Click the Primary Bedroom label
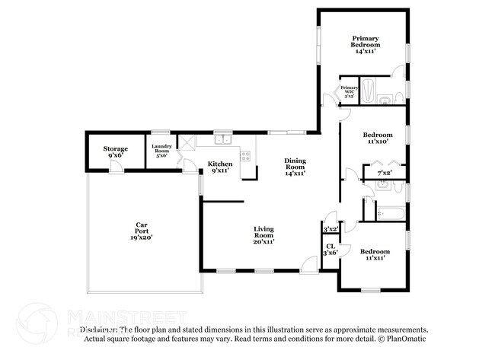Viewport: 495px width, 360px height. coord(366,44)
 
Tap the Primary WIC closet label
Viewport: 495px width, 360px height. coord(350,92)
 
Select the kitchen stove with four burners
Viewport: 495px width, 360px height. coord(246,155)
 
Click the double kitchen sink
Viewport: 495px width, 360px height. coord(222,139)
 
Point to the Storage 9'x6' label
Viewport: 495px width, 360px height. coord(116,151)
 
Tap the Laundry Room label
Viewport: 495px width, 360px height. coord(161,150)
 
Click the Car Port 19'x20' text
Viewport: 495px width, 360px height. coord(141,231)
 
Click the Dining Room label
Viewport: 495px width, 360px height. coord(295,167)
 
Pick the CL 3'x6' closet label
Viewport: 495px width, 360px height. coord(331,250)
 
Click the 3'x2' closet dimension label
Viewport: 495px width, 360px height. coord(331,229)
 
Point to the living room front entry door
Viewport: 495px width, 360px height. coord(308,266)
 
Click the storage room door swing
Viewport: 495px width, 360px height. coord(114,166)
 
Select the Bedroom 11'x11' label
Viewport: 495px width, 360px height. coord(375,254)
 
